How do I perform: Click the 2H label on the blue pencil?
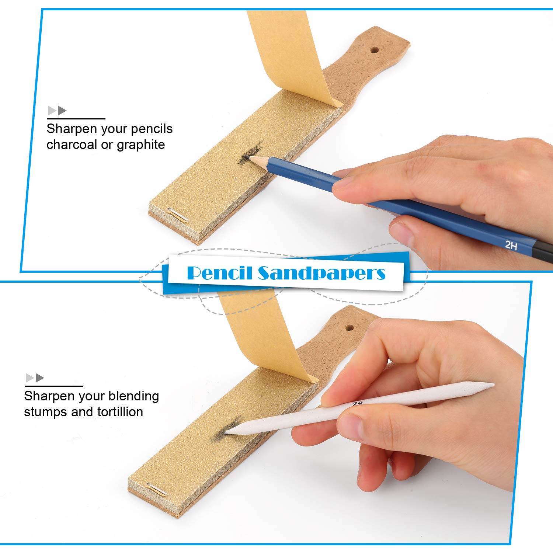tap(511, 244)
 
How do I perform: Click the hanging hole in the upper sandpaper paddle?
tap(375, 50)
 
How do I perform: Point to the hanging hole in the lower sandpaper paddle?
tap(349, 328)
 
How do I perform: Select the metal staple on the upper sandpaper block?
tap(178, 215)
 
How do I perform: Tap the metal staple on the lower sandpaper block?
tap(157, 489)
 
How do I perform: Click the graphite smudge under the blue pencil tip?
tap(251, 153)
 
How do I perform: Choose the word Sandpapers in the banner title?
tap(321, 273)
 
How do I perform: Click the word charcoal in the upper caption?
tap(72, 145)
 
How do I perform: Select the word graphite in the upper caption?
tap(140, 145)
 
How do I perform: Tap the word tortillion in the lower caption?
tap(120, 411)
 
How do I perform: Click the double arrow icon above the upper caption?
tap(57, 110)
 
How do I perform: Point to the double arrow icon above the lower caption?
tap(35, 378)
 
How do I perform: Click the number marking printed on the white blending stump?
tap(358, 404)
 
